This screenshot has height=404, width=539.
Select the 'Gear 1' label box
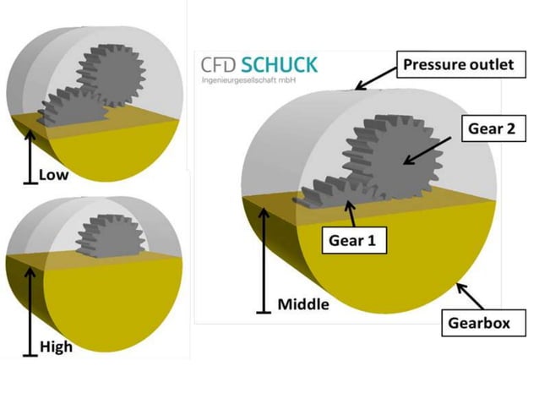[x=356, y=240]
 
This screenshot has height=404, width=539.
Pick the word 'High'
[x=56, y=346]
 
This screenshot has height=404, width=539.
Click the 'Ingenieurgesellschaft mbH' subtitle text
[x=246, y=81]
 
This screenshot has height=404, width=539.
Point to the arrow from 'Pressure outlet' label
[x=376, y=77]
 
